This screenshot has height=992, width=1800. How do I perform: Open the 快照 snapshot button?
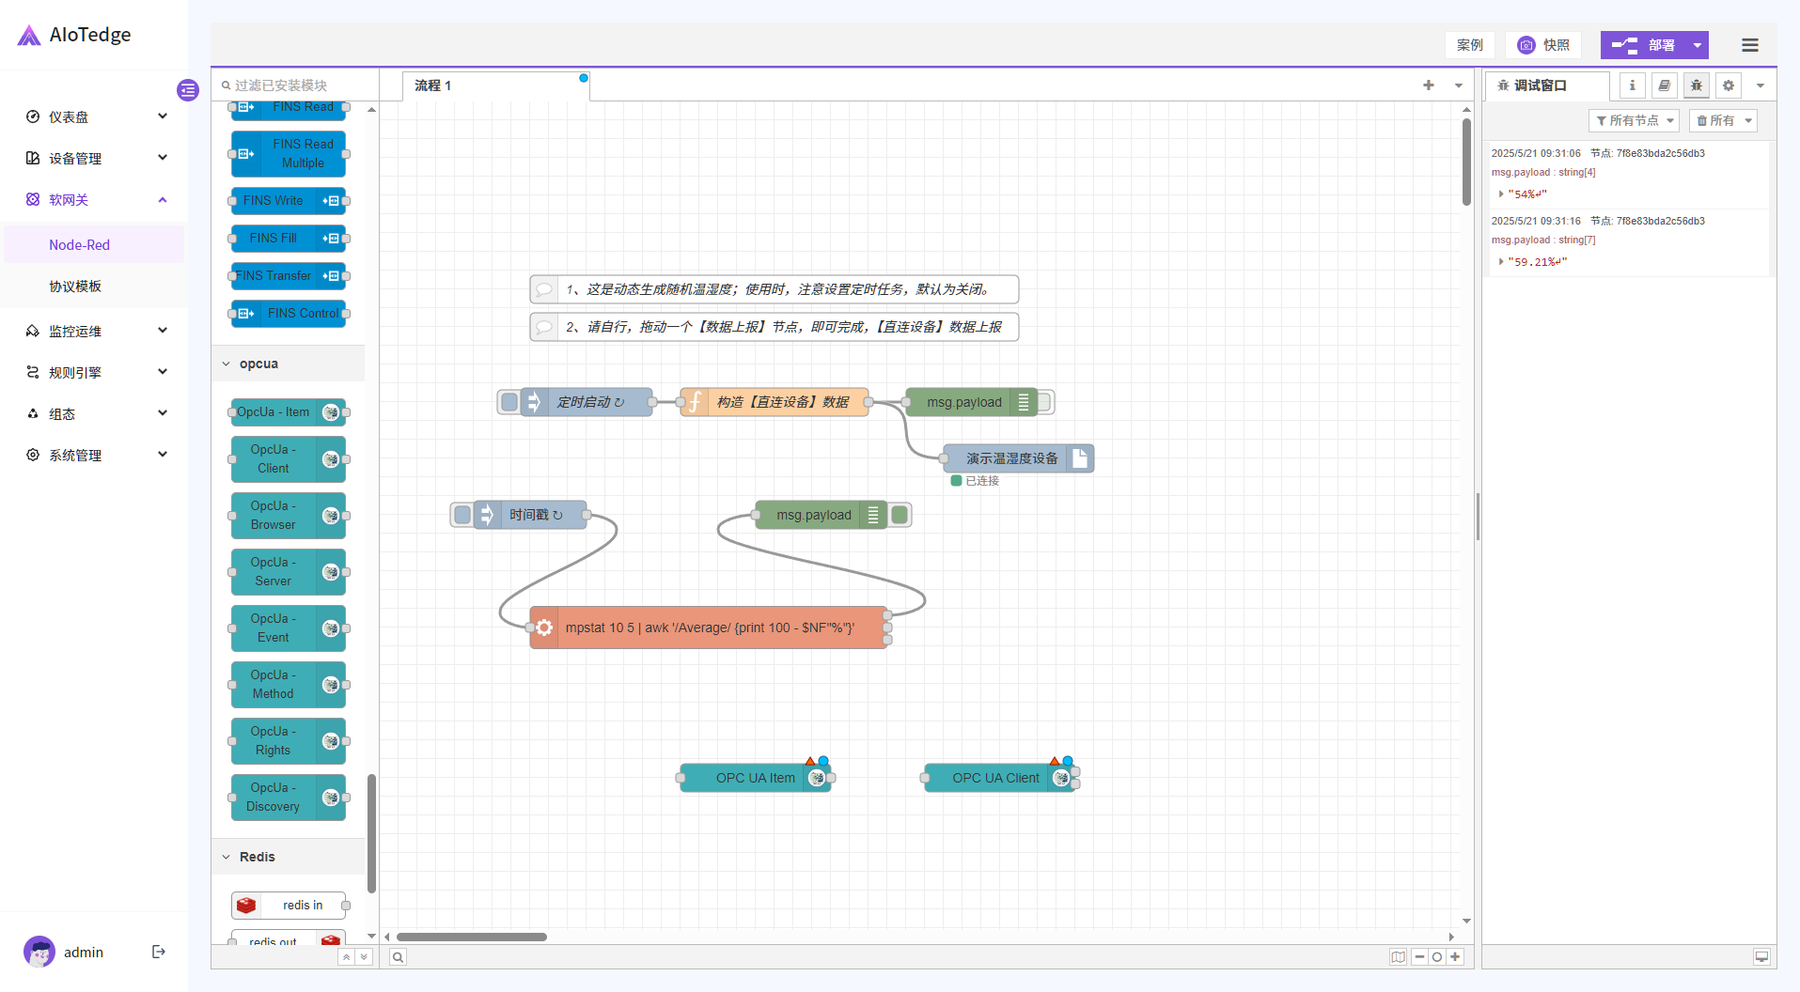click(1543, 45)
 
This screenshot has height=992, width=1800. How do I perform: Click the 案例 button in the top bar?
click(1469, 45)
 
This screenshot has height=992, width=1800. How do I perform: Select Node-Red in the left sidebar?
click(79, 245)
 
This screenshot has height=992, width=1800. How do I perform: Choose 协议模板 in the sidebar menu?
click(75, 287)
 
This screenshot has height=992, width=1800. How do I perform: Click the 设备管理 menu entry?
click(75, 159)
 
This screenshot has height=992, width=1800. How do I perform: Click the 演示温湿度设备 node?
click(1011, 458)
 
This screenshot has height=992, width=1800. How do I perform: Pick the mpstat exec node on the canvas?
click(710, 628)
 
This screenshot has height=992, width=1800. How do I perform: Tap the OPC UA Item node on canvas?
click(754, 778)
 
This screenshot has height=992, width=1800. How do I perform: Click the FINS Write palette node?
click(274, 201)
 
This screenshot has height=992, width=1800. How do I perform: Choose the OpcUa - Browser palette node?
click(274, 516)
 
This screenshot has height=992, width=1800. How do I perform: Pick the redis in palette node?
click(301, 906)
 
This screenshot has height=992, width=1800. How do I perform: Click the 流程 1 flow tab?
click(433, 85)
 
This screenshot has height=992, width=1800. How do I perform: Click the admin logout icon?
click(159, 952)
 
